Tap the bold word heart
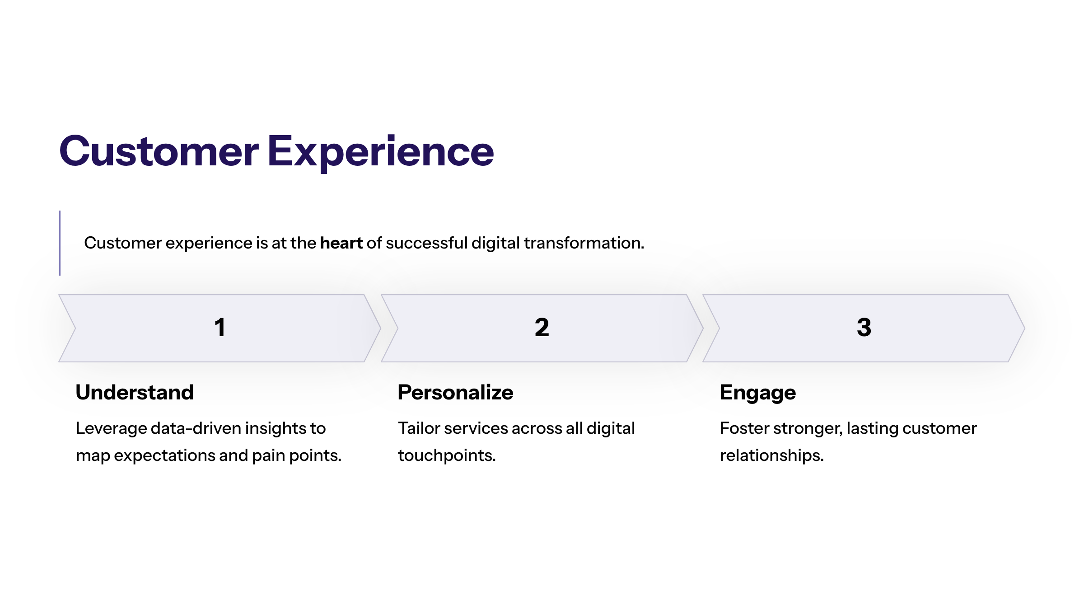tap(341, 243)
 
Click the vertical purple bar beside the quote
tap(60, 243)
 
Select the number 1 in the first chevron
tap(220, 328)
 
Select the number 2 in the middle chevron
tap(542, 328)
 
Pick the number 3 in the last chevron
tap(864, 328)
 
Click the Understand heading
tap(135, 392)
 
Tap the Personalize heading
tap(455, 392)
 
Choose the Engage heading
tap(757, 392)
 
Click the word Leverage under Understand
tap(111, 428)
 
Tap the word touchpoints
tap(446, 455)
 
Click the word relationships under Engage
tap(771, 455)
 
